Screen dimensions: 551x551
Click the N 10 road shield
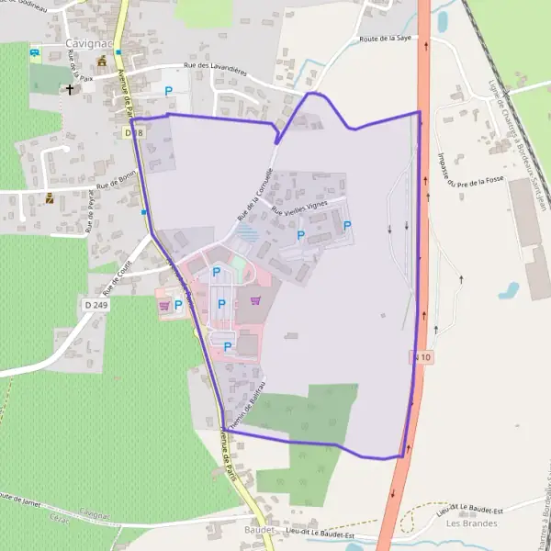[x=419, y=354]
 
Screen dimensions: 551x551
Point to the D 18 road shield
[x=134, y=133]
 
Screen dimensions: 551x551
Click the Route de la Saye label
[x=387, y=39]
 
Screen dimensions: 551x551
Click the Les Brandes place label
[x=471, y=523]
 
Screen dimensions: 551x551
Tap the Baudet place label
[x=260, y=531]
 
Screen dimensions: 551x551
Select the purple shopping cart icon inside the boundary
[x=255, y=300]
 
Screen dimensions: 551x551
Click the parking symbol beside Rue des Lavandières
[x=168, y=90]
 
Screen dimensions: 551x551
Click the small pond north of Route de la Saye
[x=443, y=19]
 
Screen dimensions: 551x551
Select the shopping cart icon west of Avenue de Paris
[x=163, y=305]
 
